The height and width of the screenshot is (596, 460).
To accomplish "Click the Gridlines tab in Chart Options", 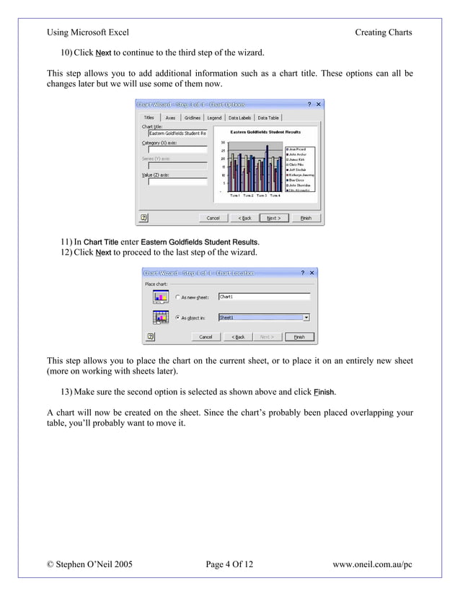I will pyautogui.click(x=193, y=118).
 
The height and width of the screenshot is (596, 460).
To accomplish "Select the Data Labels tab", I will pyautogui.click(x=239, y=118).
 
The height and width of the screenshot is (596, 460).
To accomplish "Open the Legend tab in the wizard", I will pyautogui.click(x=214, y=118).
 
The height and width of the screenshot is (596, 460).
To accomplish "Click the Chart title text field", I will pyautogui.click(x=177, y=133).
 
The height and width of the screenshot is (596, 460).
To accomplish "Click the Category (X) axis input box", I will pyautogui.click(x=177, y=150).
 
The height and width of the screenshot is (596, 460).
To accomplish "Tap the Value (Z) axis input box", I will pyautogui.click(x=177, y=182).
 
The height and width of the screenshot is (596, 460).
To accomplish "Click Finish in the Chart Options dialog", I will pyautogui.click(x=306, y=218).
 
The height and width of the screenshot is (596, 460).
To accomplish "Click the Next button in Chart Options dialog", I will pyautogui.click(x=273, y=218).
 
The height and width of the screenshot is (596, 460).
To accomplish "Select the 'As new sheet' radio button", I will pyautogui.click(x=177, y=297).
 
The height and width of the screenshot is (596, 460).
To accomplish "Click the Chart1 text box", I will pyautogui.click(x=263, y=297).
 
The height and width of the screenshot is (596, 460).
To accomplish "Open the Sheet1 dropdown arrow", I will pyautogui.click(x=306, y=317).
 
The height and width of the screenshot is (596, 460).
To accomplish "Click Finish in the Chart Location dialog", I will pyautogui.click(x=299, y=336).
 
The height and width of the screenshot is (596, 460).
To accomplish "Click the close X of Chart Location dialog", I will pyautogui.click(x=312, y=273).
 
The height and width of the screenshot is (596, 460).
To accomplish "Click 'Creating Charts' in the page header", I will pyautogui.click(x=383, y=32).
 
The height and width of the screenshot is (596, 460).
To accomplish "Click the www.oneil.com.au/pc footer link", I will pyautogui.click(x=372, y=563).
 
